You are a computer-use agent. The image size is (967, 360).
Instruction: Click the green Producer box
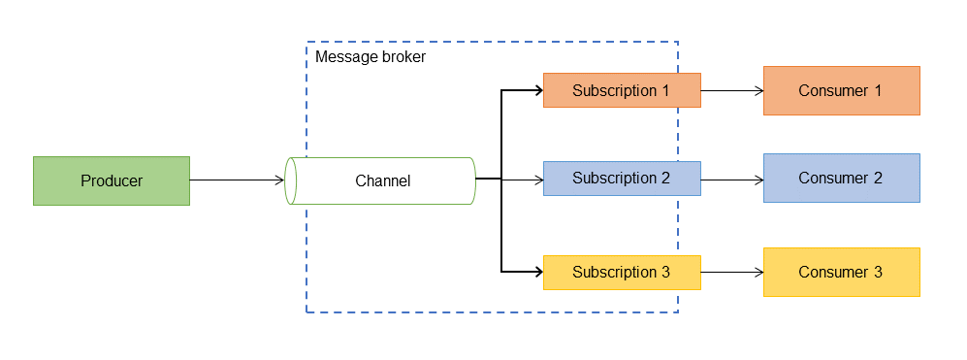pyautogui.click(x=112, y=180)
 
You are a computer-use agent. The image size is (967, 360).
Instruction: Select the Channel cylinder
pyautogui.click(x=382, y=180)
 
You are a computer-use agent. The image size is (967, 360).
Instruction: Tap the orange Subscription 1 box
pyautogui.click(x=622, y=90)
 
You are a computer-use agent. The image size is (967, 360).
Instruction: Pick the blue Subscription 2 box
pyautogui.click(x=622, y=179)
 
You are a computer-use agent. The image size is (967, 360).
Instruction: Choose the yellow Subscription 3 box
pyautogui.click(x=622, y=272)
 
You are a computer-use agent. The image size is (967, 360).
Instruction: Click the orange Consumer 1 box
pyautogui.click(x=841, y=90)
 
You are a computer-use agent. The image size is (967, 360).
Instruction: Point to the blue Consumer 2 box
pyautogui.click(x=841, y=178)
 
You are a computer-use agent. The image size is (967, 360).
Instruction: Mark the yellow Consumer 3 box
pyautogui.click(x=841, y=272)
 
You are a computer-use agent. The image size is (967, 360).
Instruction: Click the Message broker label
pyautogui.click(x=371, y=57)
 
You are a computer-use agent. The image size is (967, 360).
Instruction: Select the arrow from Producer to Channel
pyautogui.click(x=237, y=180)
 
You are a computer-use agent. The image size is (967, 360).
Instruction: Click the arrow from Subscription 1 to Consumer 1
pyautogui.click(x=731, y=90)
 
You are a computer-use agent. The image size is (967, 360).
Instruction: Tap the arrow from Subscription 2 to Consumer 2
pyautogui.click(x=731, y=179)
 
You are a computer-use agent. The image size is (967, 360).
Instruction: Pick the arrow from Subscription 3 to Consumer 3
pyautogui.click(x=731, y=272)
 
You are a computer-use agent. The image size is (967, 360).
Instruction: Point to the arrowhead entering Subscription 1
pyautogui.click(x=537, y=90)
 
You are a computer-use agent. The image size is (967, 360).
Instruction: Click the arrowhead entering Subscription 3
pyautogui.click(x=537, y=272)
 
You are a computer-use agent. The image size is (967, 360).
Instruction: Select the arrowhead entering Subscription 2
pyautogui.click(x=537, y=179)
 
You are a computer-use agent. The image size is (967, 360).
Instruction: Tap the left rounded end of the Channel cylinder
pyautogui.click(x=290, y=180)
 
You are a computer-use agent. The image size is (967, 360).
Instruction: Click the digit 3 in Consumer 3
pyautogui.click(x=878, y=272)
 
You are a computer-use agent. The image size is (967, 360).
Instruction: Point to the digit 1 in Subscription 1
pyautogui.click(x=665, y=90)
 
